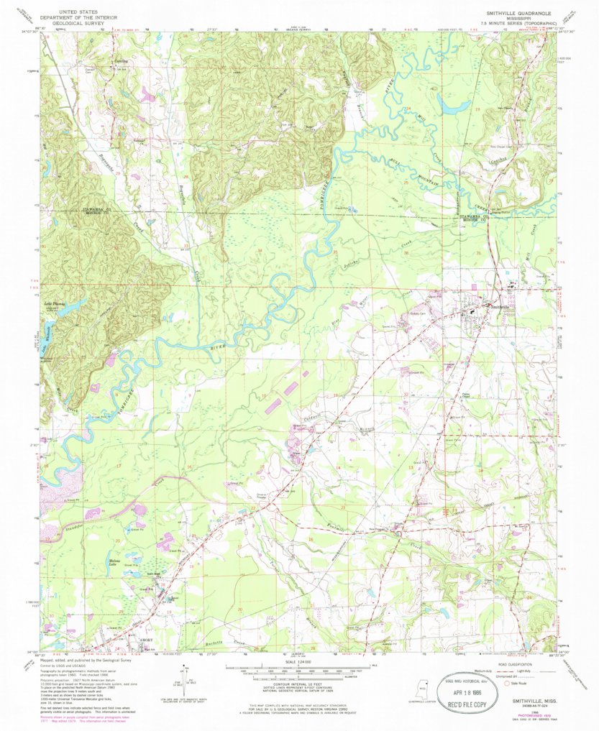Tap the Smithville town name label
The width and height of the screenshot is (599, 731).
(x=500, y=307)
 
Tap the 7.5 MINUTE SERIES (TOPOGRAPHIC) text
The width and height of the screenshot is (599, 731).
(x=518, y=24)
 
